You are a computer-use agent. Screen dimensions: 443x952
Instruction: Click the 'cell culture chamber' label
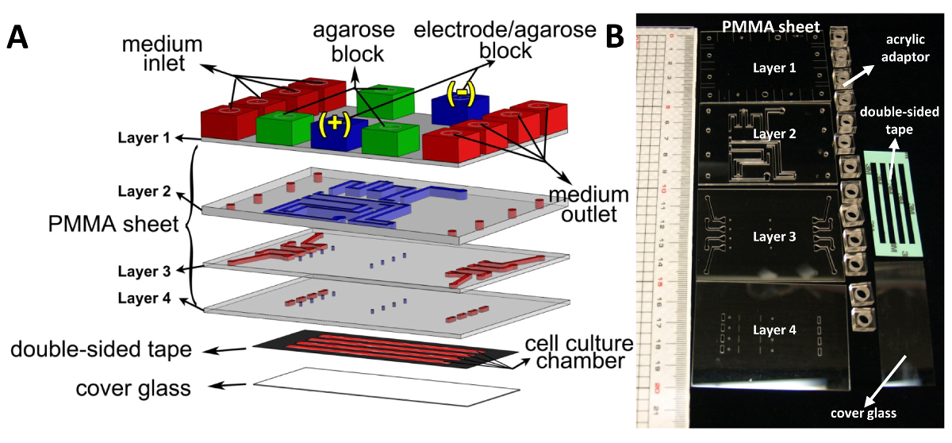(x=578, y=353)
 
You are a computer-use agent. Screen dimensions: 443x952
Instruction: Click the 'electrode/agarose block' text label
(x=505, y=41)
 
